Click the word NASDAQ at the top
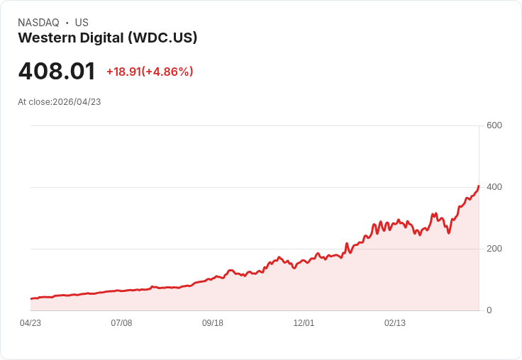click(x=38, y=23)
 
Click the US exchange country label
click(x=82, y=23)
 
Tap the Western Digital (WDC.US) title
click(x=107, y=38)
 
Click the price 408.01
click(x=57, y=72)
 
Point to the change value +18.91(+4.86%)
click(x=150, y=72)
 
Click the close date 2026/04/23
click(x=77, y=102)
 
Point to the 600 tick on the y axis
click(x=494, y=125)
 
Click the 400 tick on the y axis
click(x=494, y=187)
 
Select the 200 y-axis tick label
click(x=494, y=249)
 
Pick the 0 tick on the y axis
click(x=489, y=310)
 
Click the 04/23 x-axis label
click(x=30, y=323)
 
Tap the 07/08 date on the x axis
click(x=121, y=323)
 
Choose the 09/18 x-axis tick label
click(x=213, y=323)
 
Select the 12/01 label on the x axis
click(x=304, y=323)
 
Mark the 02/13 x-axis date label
click(x=395, y=323)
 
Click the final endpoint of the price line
click(x=479, y=186)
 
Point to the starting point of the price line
click(x=30, y=299)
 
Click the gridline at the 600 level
click(x=255, y=126)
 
